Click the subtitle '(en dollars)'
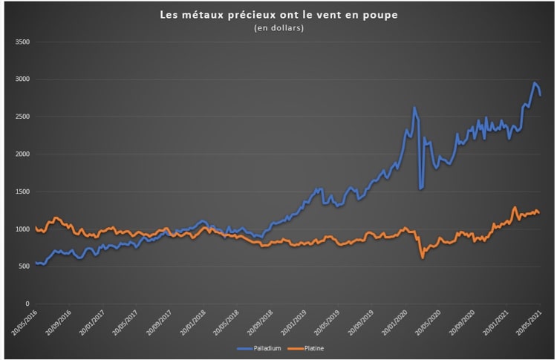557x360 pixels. coord(278,28)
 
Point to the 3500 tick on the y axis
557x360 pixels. coord(22,42)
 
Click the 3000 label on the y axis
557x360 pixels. coord(22,79)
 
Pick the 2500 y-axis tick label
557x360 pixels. coord(22,117)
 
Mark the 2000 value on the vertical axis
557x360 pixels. coord(22,154)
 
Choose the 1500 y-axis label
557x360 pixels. coord(22,192)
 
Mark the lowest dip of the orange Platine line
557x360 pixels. coord(423,257)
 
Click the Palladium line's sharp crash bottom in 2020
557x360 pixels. coord(420,189)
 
